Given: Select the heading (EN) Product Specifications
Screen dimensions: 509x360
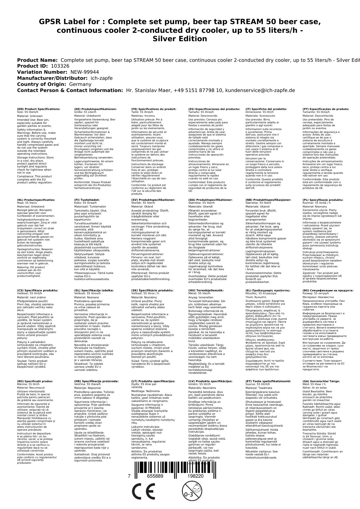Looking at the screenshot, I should coord(39,109).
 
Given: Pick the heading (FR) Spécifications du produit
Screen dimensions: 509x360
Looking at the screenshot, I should coord(154,109).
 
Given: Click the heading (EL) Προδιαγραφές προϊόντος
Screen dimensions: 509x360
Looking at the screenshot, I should coord(268,290).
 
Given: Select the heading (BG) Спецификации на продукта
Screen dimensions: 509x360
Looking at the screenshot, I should coord(328,290).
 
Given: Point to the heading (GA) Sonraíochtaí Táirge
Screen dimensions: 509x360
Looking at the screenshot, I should coord(321,381).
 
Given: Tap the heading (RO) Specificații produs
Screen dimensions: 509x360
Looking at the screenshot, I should coord(35,381).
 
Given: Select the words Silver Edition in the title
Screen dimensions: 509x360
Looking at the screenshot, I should coord(180,39).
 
